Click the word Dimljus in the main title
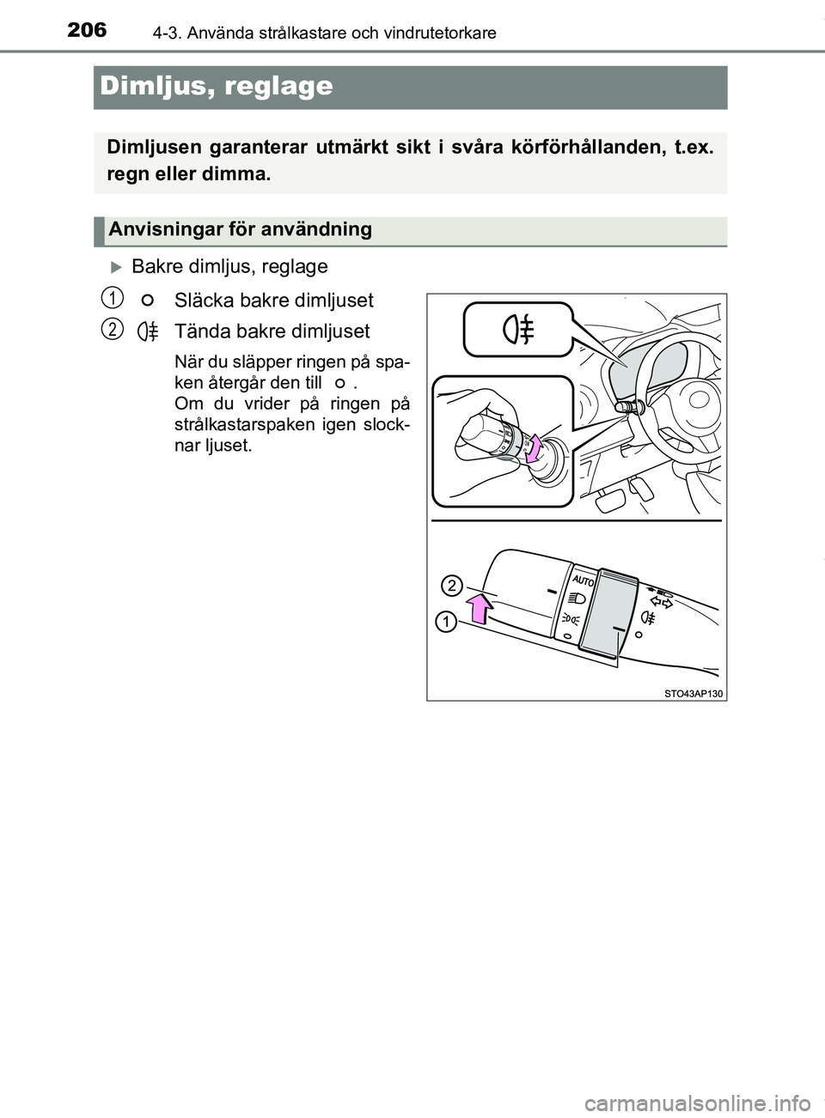point(152,86)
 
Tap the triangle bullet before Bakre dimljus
point(118,267)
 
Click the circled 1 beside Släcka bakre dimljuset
point(108,298)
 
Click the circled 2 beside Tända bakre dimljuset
point(108,330)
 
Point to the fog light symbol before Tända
point(148,331)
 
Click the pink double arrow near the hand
point(535,447)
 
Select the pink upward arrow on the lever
point(480,607)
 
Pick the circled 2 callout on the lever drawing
point(452,586)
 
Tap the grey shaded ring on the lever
point(608,617)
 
